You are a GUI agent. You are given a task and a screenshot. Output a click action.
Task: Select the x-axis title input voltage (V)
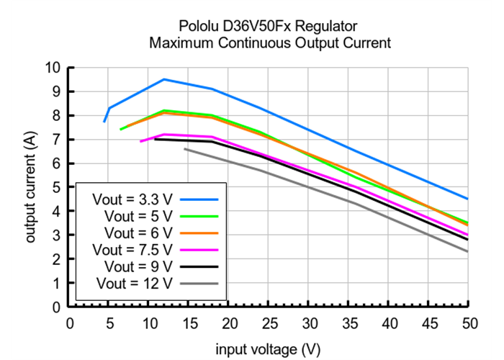point(268,349)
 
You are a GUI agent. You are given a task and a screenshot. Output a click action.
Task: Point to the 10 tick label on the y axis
point(52,68)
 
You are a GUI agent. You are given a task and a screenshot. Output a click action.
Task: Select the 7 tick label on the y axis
point(55,139)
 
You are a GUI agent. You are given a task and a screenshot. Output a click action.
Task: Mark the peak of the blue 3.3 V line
point(164,79)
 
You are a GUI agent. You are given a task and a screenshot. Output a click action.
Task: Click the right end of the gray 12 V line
point(467,251)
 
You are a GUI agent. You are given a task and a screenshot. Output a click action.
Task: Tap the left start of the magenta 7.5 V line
point(141,141)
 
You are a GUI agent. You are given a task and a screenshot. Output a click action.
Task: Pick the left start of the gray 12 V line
point(185,149)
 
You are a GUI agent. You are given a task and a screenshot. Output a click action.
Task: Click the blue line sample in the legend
point(199,197)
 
